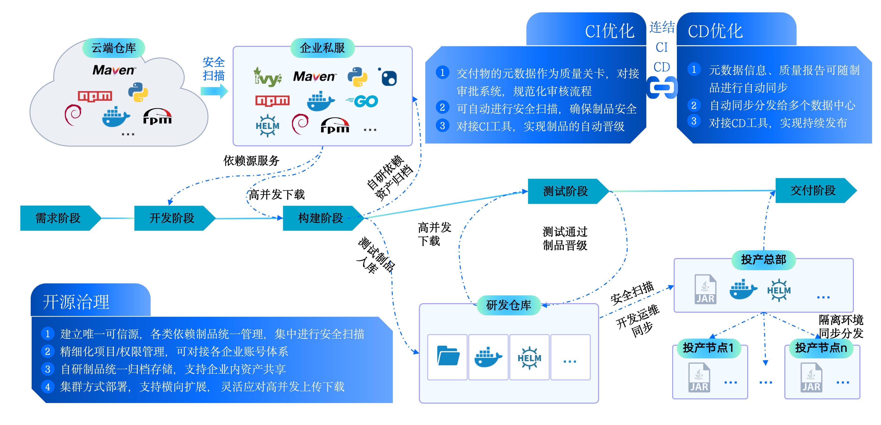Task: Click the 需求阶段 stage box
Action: tap(58, 218)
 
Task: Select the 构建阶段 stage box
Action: tap(321, 218)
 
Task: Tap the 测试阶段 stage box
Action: tap(566, 191)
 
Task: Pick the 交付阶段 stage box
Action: tap(813, 190)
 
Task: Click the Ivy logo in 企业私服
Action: tap(267, 77)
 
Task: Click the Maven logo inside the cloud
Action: tap(114, 70)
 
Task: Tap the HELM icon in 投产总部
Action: tap(779, 290)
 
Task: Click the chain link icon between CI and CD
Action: tap(662, 87)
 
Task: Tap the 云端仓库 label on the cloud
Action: tap(114, 48)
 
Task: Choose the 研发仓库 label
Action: tap(508, 305)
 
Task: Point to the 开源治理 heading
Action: tap(76, 302)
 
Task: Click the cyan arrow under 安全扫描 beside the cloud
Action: tap(214, 91)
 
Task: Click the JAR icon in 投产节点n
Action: tap(811, 378)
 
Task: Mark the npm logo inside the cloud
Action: tap(95, 96)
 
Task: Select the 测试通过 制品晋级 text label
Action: tap(565, 239)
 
